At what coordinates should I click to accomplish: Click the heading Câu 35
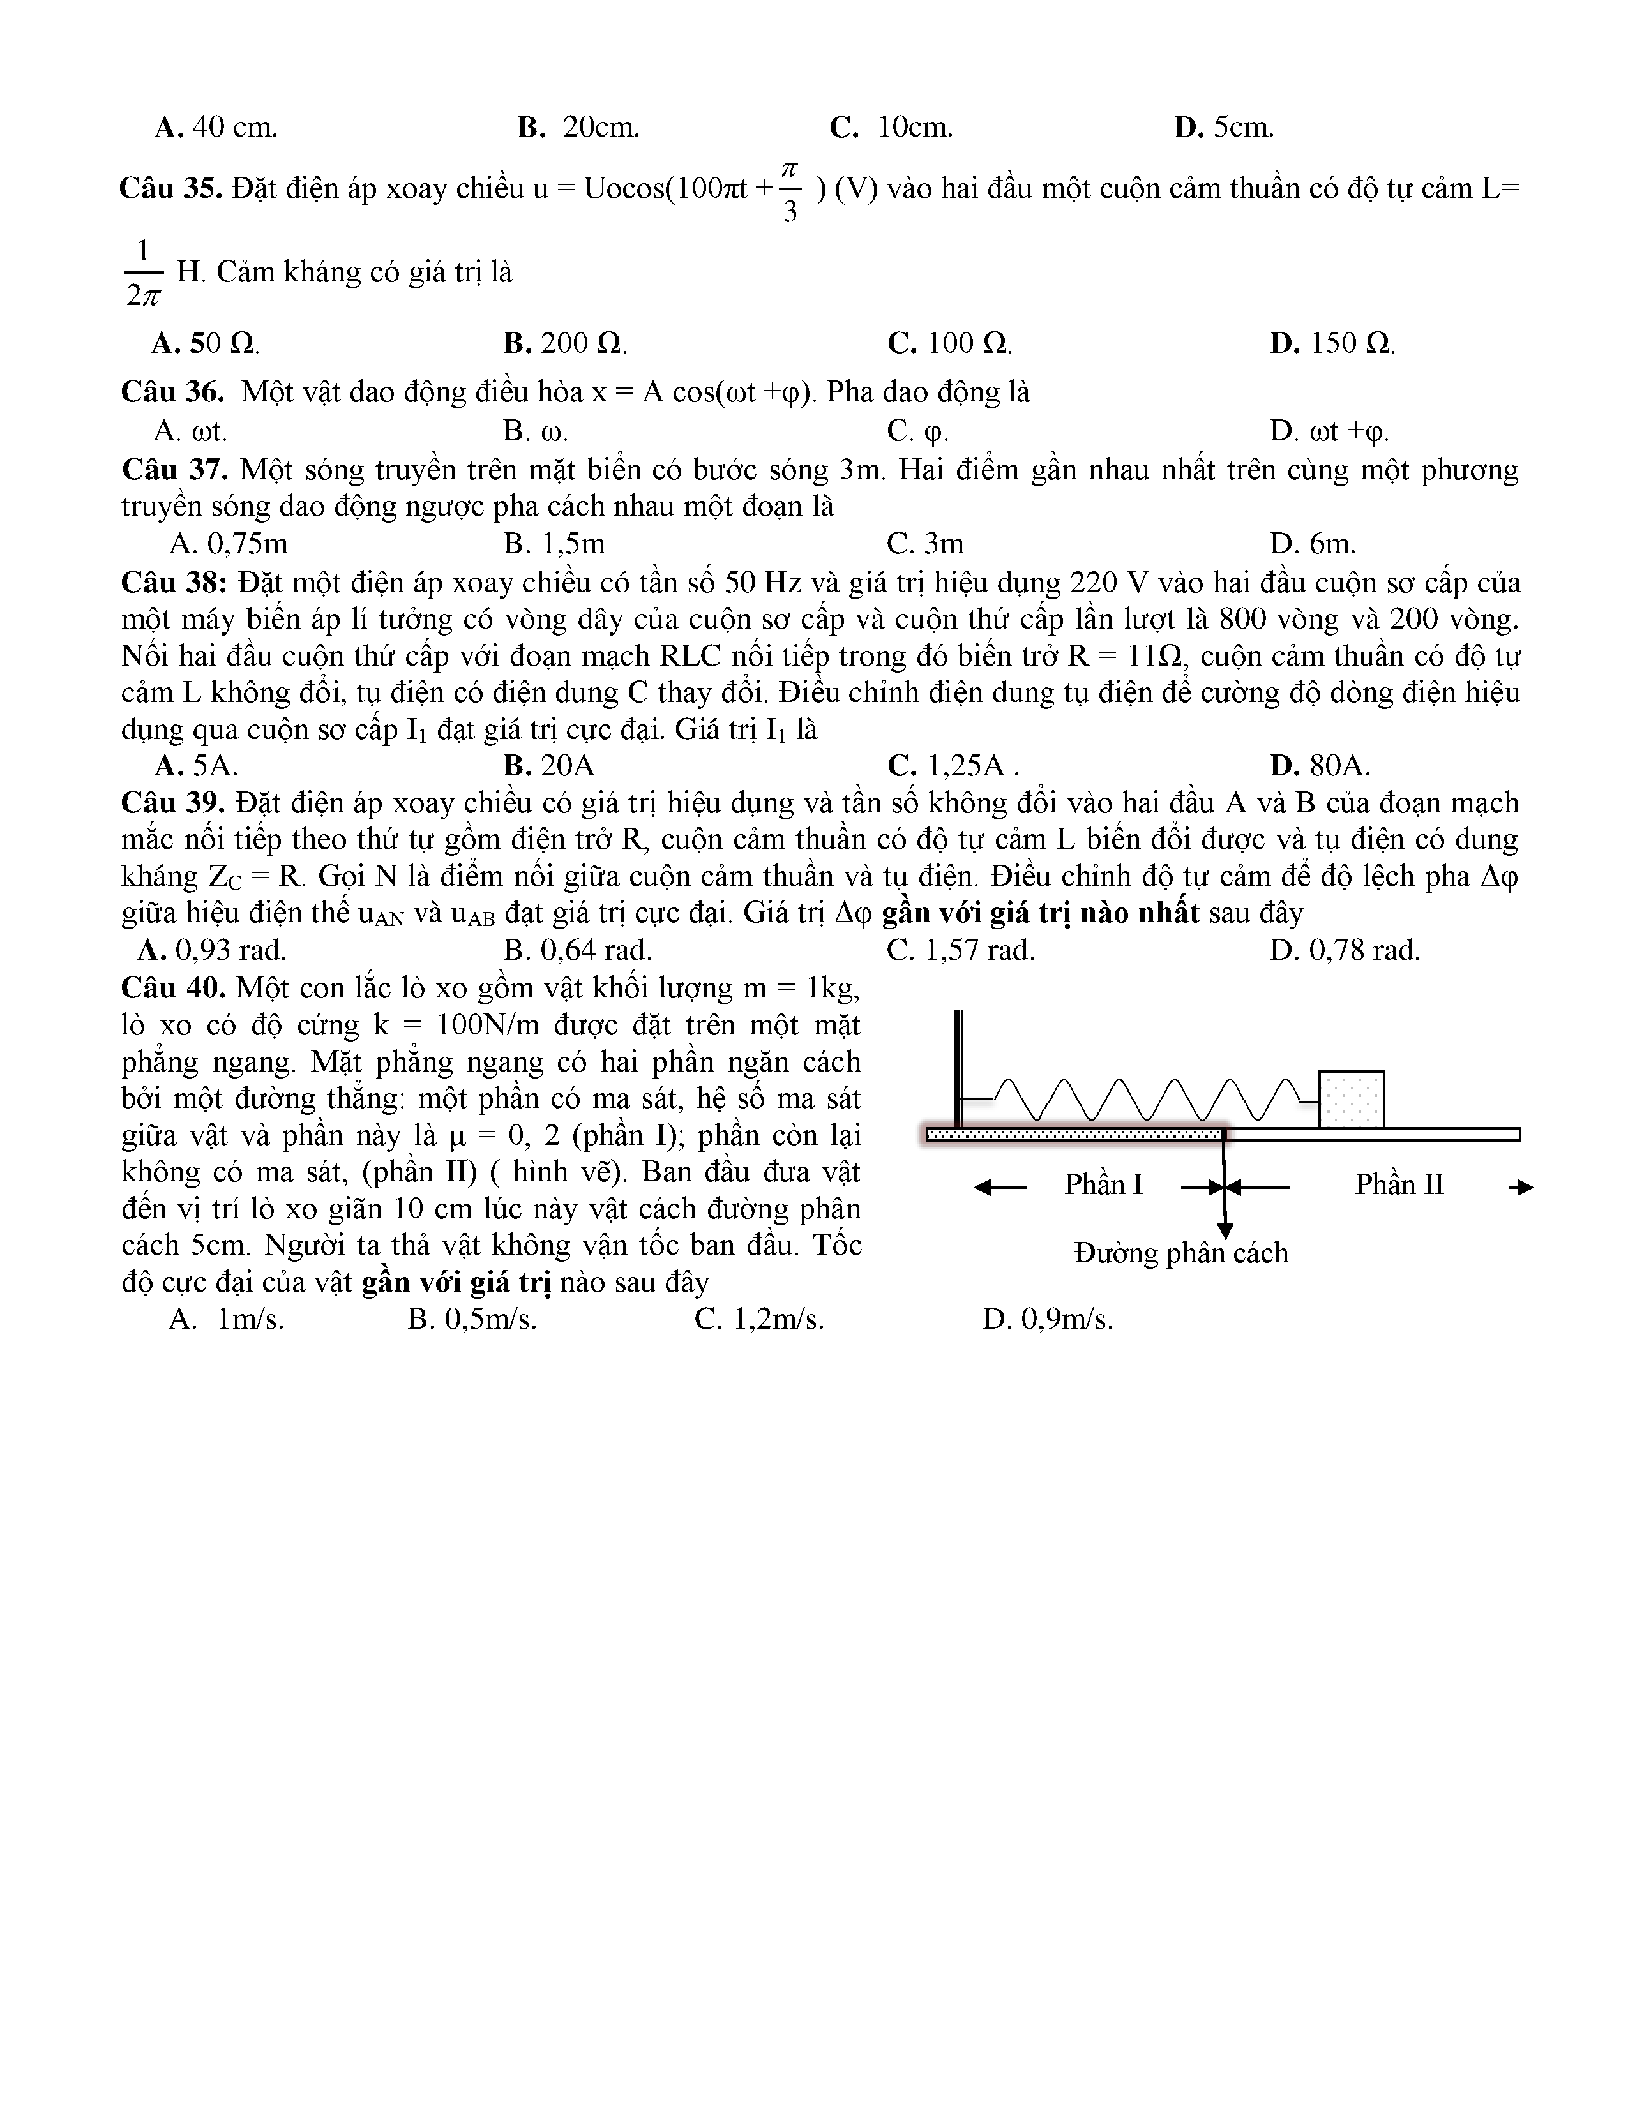click(170, 188)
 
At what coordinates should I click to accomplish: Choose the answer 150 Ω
click(1332, 343)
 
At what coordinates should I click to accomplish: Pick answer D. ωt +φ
click(1329, 431)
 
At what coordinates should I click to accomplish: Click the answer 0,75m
click(229, 544)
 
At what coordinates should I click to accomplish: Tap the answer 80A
click(1320, 766)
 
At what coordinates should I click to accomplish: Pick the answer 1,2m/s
click(759, 1319)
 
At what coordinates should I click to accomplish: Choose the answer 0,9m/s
click(1048, 1319)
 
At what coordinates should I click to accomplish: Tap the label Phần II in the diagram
click(1398, 1184)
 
